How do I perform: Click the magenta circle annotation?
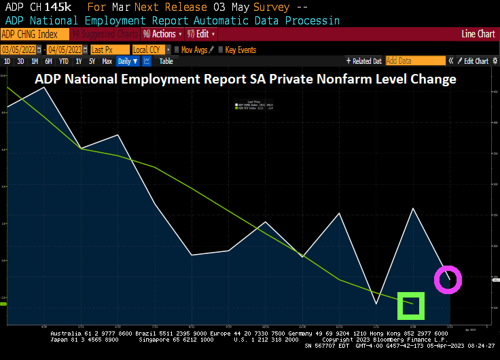(x=448, y=279)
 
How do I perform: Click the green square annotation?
(x=411, y=306)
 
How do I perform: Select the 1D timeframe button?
(x=7, y=61)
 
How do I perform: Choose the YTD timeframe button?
(x=63, y=61)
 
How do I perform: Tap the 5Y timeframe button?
(x=91, y=61)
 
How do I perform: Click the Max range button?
(x=107, y=61)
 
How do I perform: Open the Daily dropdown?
(x=127, y=61)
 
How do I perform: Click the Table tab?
(x=166, y=61)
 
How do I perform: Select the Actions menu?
(x=162, y=34)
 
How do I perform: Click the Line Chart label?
(x=478, y=34)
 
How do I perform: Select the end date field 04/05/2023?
(x=65, y=50)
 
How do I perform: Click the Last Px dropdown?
(x=108, y=50)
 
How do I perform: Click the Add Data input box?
(x=414, y=61)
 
